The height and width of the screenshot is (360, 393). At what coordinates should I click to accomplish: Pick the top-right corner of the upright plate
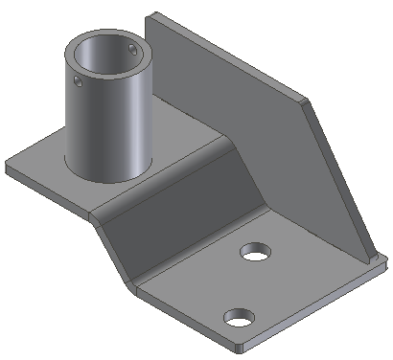(307, 99)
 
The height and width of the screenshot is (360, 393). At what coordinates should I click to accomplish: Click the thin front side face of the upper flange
(48, 190)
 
